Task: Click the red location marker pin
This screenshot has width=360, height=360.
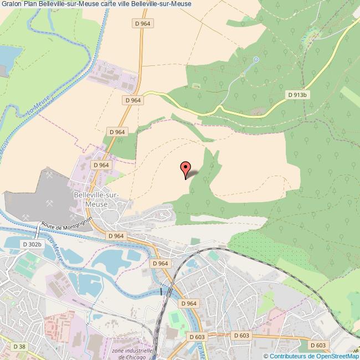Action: coord(186,168)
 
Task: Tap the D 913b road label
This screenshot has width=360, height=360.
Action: coord(297,95)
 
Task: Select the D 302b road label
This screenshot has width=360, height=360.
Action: coord(32,244)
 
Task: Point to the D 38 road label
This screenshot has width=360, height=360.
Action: coord(18,346)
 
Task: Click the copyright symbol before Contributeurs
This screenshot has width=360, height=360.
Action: coord(265,356)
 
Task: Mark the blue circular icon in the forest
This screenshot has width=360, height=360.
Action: coord(256,59)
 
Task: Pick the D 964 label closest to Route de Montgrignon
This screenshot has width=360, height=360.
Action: coord(116,235)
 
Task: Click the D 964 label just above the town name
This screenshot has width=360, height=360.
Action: coord(101,165)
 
